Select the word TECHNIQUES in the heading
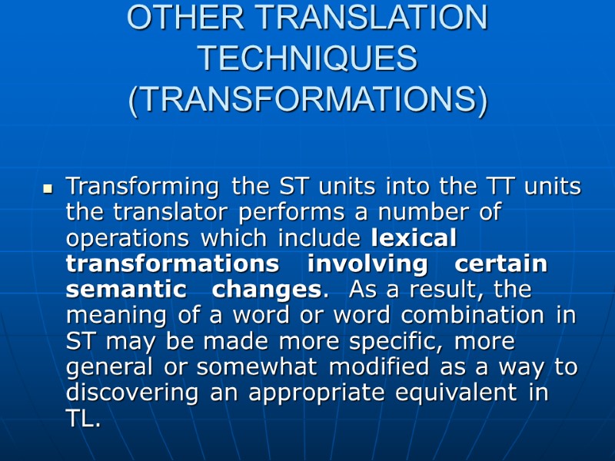pyautogui.click(x=307, y=59)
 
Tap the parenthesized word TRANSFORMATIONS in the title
pyautogui.click(x=307, y=101)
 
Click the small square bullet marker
pyautogui.click(x=48, y=187)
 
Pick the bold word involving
pyautogui.click(x=367, y=264)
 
